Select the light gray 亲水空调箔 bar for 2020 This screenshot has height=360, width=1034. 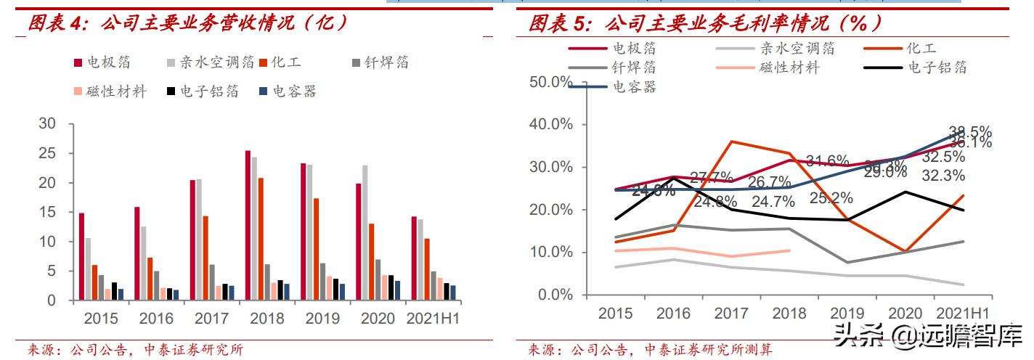point(365,232)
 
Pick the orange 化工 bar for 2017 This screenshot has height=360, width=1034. point(205,258)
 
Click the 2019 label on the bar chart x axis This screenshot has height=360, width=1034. point(322,319)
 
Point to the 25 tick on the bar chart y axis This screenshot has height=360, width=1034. point(47,154)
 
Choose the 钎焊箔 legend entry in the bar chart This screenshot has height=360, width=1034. point(380,62)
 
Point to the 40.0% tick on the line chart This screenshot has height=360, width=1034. point(551,124)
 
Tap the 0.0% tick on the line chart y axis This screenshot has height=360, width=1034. point(555,295)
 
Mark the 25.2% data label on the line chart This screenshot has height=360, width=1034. point(831,197)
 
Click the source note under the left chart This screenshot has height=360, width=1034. point(135,350)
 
